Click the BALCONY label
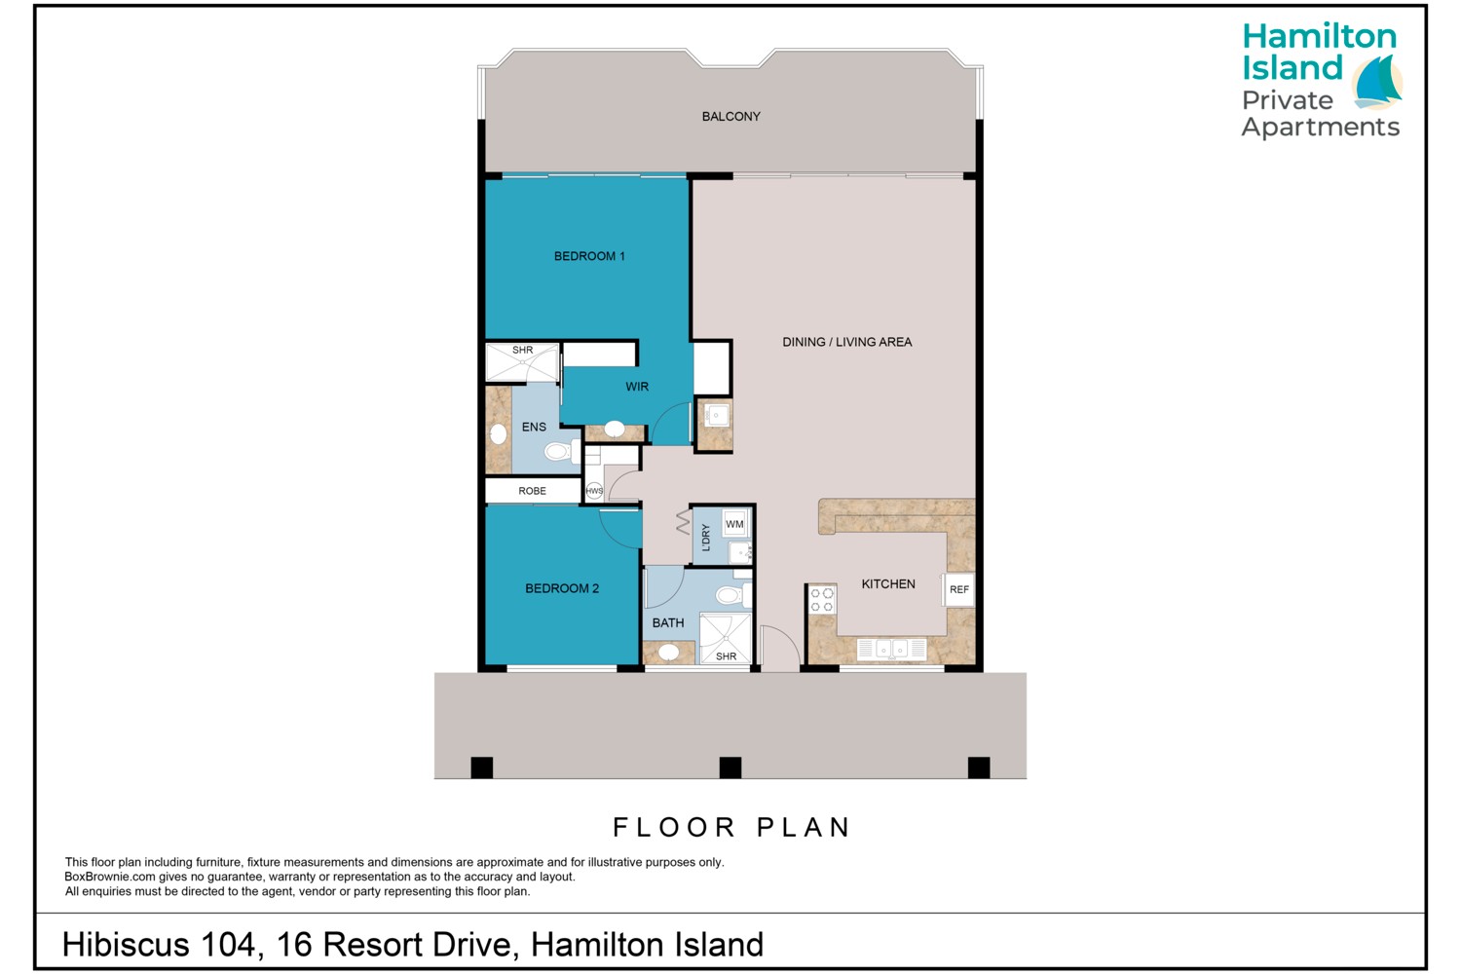point(730,116)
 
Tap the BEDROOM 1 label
point(589,256)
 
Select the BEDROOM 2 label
point(562,588)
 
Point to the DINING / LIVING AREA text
point(846,342)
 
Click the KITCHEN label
point(887,583)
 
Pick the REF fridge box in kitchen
point(958,589)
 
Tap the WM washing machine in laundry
point(734,524)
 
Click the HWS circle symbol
point(594,491)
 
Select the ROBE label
point(532,491)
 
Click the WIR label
point(637,387)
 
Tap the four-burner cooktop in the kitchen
point(821,600)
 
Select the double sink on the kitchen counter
point(891,649)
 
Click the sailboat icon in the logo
point(1376,83)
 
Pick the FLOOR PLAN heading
point(731,827)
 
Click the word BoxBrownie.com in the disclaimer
point(110,877)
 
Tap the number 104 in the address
point(227,944)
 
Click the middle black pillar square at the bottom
point(730,768)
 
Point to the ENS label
point(534,427)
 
